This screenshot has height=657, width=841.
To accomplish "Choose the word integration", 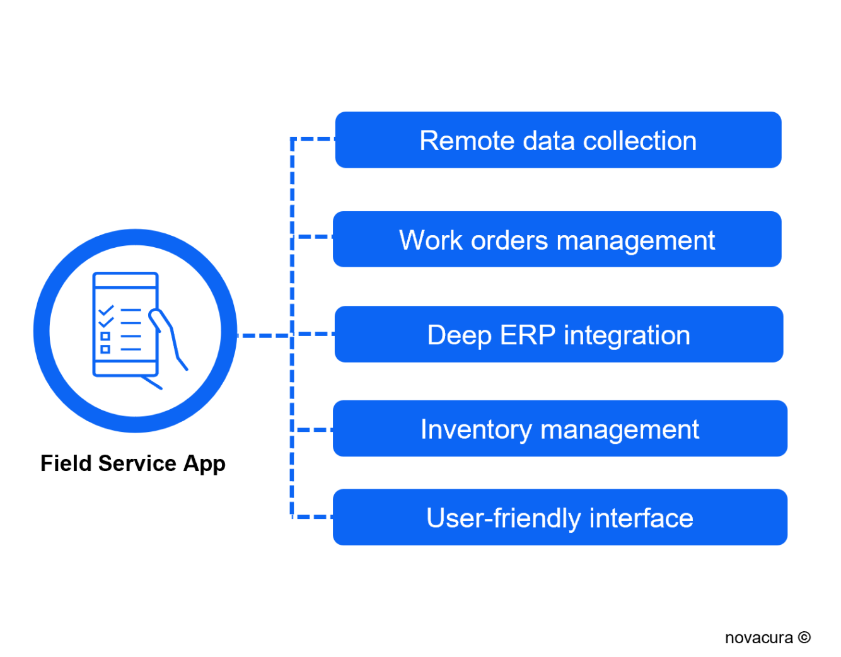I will point(627,335).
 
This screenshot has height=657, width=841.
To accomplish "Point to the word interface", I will point(641,518).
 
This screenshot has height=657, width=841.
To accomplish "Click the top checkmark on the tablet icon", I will point(106,310).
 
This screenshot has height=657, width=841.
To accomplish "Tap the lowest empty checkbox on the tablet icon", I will point(105,349).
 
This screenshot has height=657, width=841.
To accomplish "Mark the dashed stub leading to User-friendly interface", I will point(313,517).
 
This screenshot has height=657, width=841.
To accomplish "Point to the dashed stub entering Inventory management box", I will point(313,430).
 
